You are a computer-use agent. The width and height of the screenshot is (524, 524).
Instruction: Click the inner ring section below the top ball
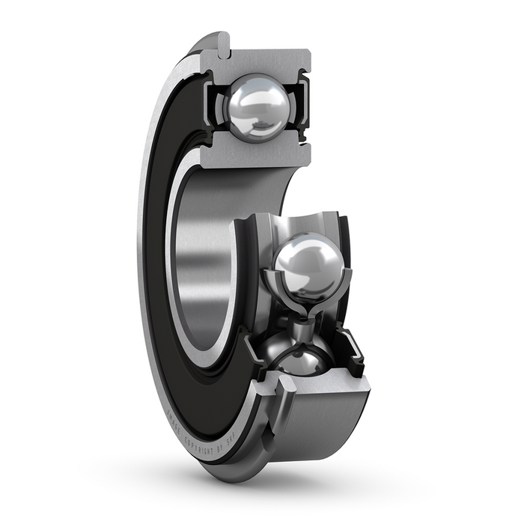pyautogui.click(x=262, y=153)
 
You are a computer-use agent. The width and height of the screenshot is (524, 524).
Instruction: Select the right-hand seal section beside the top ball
pyautogui.click(x=302, y=109)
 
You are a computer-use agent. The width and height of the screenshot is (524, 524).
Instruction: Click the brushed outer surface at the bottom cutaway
pyautogui.click(x=329, y=419)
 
